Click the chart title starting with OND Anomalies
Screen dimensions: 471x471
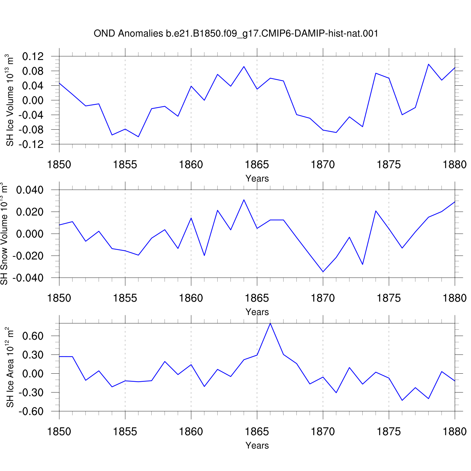coord(236,33)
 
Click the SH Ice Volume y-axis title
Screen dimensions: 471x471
coord(9,100)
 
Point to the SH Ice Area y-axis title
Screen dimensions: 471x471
coord(9,367)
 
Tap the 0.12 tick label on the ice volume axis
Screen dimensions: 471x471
coord(33,57)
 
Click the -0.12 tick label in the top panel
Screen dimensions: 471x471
coord(31,144)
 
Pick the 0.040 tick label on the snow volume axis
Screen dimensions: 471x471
coord(30,190)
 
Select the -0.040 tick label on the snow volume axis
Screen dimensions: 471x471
coord(28,278)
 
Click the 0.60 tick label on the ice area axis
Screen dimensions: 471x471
coord(33,336)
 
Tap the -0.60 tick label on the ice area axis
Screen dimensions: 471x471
coord(31,411)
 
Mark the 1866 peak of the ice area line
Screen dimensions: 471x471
coord(270,323)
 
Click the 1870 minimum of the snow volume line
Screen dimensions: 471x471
coord(323,272)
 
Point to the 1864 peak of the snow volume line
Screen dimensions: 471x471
coord(244,200)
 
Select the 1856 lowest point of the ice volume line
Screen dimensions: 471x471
coord(138,137)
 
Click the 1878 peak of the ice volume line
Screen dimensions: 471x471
coord(428,64)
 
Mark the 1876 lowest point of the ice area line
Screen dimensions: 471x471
coord(402,400)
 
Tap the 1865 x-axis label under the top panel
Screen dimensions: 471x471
coord(257,165)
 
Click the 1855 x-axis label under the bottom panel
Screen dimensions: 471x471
coord(125,431)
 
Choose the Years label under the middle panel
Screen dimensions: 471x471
coord(257,312)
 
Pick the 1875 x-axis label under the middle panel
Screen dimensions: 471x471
coord(389,298)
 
